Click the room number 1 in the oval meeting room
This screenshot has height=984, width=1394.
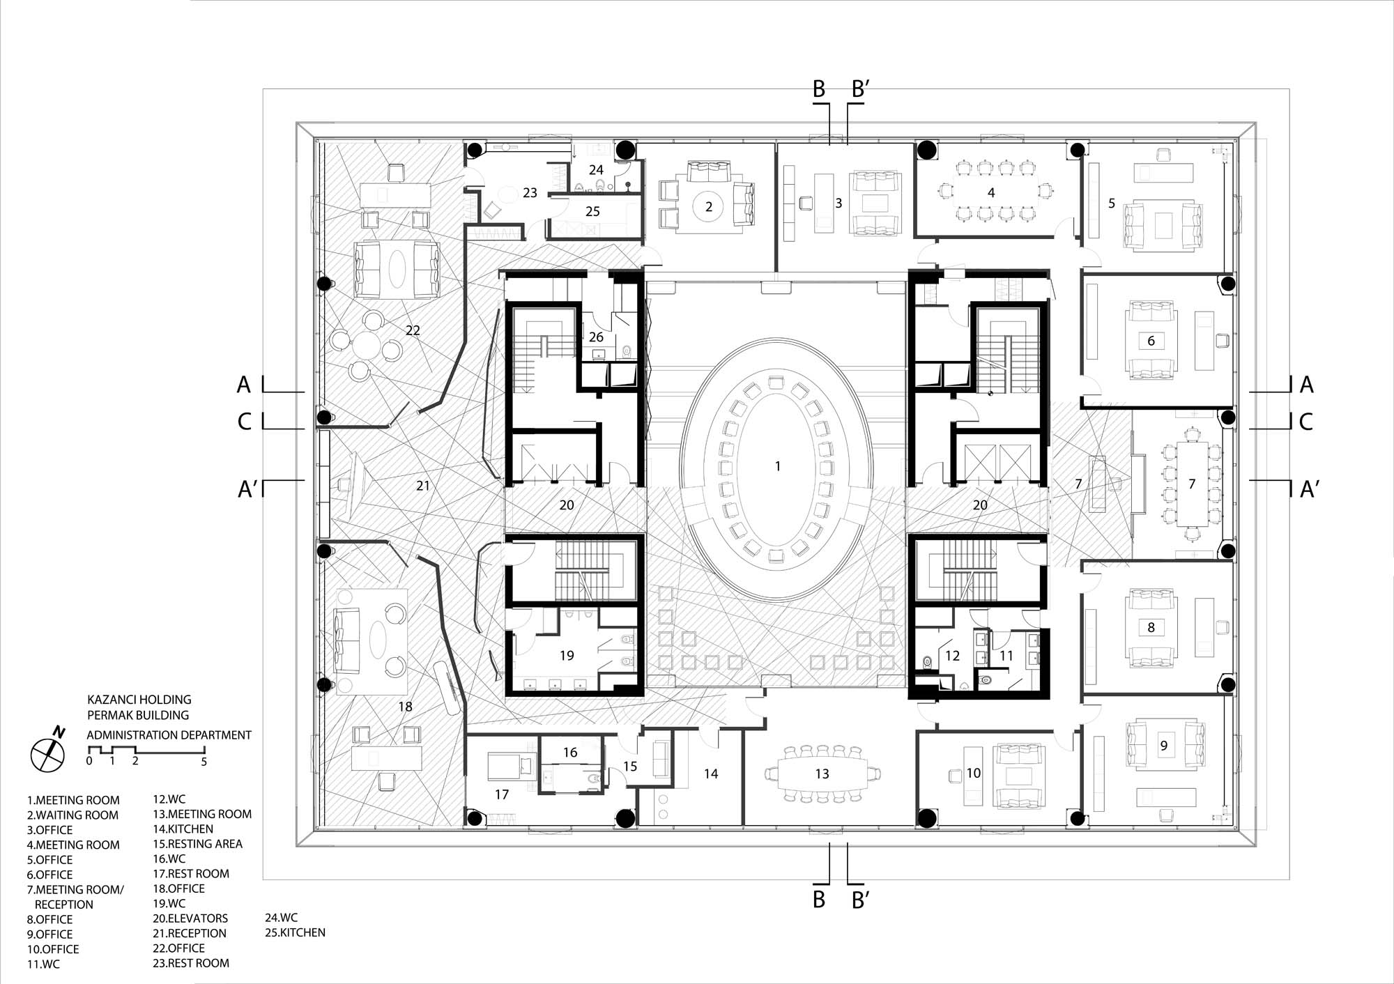(x=778, y=466)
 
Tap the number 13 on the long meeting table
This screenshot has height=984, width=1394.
(x=822, y=774)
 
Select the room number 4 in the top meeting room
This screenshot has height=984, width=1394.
(x=991, y=192)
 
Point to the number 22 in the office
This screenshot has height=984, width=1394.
(x=413, y=330)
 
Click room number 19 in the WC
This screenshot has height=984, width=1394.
(x=567, y=655)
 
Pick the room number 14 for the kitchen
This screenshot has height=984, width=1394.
(x=711, y=773)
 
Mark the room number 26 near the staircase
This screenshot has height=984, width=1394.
(x=596, y=337)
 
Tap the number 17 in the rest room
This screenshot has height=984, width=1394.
(x=502, y=794)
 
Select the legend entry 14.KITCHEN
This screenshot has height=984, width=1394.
(x=183, y=829)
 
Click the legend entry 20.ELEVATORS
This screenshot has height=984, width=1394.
(x=190, y=918)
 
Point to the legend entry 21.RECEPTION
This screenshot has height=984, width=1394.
(x=190, y=933)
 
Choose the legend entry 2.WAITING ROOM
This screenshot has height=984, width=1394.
(x=73, y=815)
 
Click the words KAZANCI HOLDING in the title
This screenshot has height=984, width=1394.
(x=139, y=699)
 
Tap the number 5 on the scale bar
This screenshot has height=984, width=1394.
(x=204, y=762)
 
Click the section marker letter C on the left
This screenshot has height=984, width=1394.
(x=245, y=422)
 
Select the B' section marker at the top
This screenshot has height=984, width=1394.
(x=859, y=90)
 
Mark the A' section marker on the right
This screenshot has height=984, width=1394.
(x=1309, y=489)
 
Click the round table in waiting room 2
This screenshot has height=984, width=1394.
(x=709, y=206)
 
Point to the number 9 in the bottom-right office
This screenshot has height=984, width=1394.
(x=1163, y=745)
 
